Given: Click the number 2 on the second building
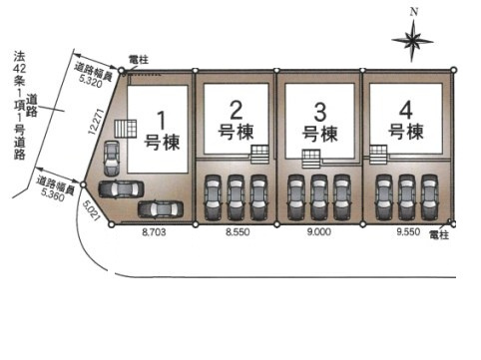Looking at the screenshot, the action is [237, 109].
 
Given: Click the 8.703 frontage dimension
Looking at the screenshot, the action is [155, 230].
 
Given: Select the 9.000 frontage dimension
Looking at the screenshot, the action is [318, 230].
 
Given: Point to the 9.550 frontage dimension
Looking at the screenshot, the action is [407, 230].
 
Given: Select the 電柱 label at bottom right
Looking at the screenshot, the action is [439, 235].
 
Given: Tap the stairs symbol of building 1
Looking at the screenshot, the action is [124, 131].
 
